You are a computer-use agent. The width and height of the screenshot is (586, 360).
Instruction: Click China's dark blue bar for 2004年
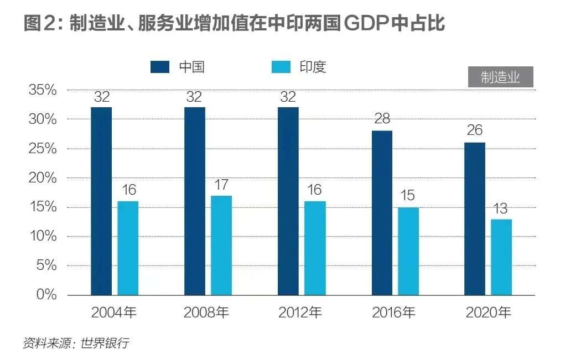[x=101, y=201]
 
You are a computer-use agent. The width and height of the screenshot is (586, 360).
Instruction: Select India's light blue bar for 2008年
[x=221, y=245]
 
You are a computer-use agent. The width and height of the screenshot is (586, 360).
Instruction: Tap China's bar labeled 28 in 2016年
[x=382, y=212]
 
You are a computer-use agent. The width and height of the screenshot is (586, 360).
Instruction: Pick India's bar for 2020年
[x=501, y=257]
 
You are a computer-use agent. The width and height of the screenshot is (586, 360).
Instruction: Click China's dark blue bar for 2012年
[x=288, y=201]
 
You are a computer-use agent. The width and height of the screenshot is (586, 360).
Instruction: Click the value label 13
[x=501, y=209]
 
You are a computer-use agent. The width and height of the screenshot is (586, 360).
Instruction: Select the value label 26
[x=475, y=131]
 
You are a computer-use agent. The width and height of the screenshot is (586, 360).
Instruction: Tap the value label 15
[x=408, y=196]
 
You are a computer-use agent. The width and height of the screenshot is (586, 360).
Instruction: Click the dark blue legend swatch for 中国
[x=160, y=67]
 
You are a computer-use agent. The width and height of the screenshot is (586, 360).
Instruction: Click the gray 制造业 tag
[x=501, y=77]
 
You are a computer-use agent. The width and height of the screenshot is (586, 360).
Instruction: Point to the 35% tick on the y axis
[x=43, y=90]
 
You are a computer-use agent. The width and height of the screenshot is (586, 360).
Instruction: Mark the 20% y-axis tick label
[x=43, y=178]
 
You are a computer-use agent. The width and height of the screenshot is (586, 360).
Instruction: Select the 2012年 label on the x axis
[x=299, y=313]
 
